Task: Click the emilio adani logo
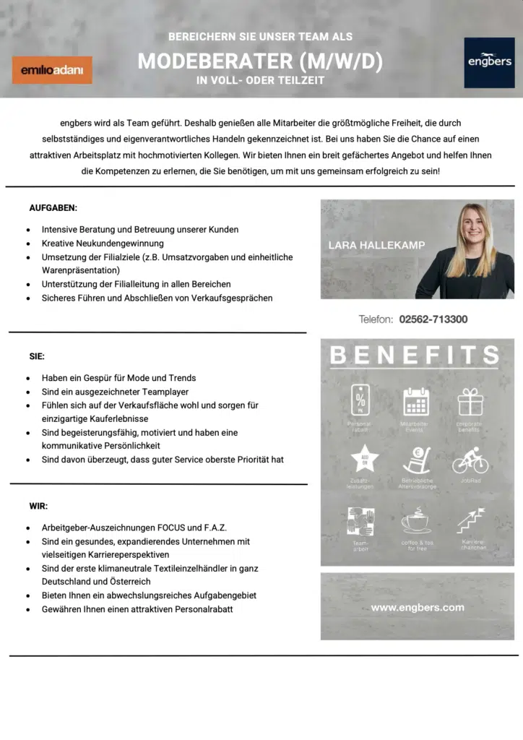pos(52,70)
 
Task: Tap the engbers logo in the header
pos(489,63)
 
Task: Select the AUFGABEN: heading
pos(53,208)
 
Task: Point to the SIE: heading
pos(37,356)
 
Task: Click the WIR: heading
pos(38,506)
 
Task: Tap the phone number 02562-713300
pos(433,319)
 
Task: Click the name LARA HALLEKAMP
pos(376,245)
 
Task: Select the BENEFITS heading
pos(415,356)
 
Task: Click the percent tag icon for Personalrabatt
pos(360,400)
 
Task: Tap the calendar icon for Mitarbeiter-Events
pos(416,401)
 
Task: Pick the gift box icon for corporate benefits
pos(470,401)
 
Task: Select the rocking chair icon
pos(416,460)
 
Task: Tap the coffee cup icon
pos(416,520)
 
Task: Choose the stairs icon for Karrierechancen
pos(471,520)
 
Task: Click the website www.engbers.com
pos(418,607)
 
